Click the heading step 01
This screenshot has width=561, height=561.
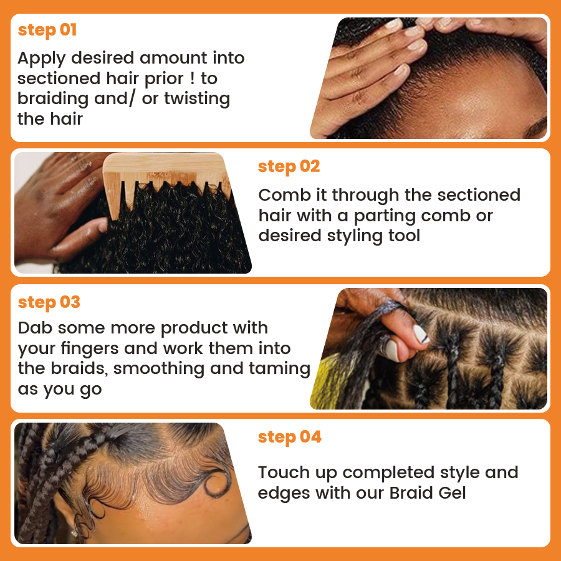47,30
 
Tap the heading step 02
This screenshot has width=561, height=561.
289,166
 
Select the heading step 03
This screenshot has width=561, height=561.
49,303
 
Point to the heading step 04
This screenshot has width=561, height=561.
289,437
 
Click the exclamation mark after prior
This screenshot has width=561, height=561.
193,79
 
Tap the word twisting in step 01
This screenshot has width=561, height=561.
197,99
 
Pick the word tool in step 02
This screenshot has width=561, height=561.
404,236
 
